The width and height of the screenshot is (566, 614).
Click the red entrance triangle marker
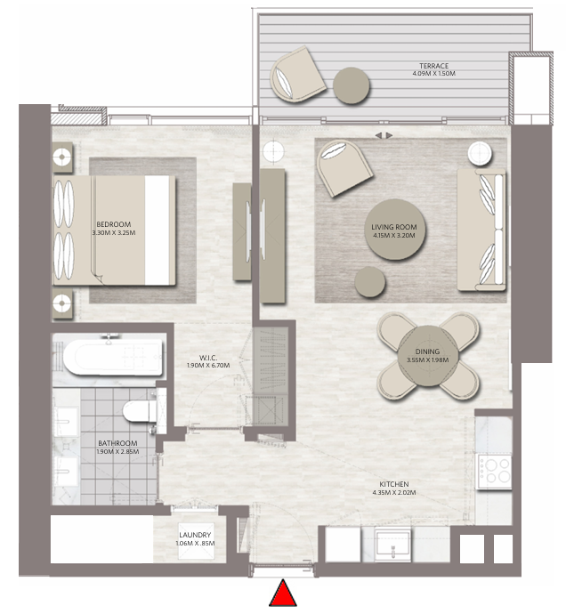tap(282, 594)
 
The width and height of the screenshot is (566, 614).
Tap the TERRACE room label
tap(433, 66)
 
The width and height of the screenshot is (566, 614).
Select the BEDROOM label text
tap(114, 224)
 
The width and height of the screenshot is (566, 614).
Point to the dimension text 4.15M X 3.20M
tap(394, 235)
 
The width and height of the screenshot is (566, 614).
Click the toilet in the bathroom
tap(140, 411)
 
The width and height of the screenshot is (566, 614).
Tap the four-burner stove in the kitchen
tap(494, 471)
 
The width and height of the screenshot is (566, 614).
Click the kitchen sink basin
tap(392, 544)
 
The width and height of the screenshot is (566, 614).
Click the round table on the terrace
tap(351, 85)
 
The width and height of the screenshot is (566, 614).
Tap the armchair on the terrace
tap(297, 75)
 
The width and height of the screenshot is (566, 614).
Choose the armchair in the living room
tap(343, 167)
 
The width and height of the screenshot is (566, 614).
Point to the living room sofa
tap(481, 230)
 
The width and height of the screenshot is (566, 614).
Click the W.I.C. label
tap(208, 358)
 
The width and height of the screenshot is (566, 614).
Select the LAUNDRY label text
tap(195, 535)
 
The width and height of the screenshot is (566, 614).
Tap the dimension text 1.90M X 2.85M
tap(117, 451)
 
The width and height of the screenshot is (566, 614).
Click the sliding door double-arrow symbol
tap(384, 135)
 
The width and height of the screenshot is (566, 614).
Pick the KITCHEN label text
tap(394, 484)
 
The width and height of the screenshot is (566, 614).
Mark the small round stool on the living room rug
tap(369, 281)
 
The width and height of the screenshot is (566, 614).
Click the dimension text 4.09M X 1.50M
tap(433, 73)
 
